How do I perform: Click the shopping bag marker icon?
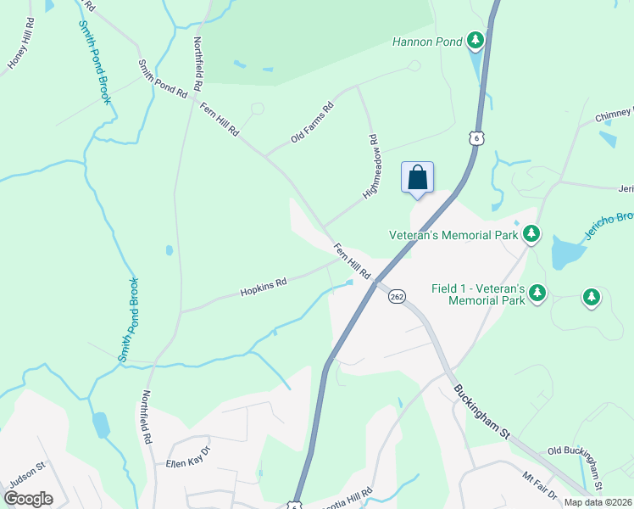click(x=417, y=178)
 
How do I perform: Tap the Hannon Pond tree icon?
click(x=475, y=40)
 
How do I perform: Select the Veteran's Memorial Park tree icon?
click(x=531, y=233)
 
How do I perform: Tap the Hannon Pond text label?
click(x=427, y=41)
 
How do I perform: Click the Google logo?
click(x=28, y=499)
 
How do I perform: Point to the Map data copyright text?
click(x=598, y=502)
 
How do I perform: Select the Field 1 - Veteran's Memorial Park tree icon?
click(x=537, y=294)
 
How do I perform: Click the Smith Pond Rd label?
click(x=163, y=79)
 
